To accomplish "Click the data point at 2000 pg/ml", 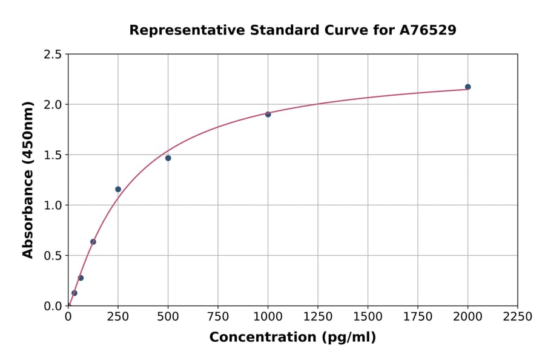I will coord(467,87).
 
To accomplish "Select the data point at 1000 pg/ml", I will coord(268,114).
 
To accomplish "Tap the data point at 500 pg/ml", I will coord(168,158).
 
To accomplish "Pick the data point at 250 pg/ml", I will coord(118,189).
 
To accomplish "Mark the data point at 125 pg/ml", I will coord(93,242).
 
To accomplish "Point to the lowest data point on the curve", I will coord(74,293).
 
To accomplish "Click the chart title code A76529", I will coord(428,30).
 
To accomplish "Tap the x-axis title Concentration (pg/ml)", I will coord(292,338).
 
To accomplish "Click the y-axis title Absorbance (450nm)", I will coord(28,180).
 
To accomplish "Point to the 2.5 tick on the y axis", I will coord(53,55).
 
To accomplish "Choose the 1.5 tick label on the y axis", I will coord(53,155).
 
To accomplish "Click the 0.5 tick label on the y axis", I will coord(53,256).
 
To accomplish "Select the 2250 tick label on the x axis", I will coord(518,317).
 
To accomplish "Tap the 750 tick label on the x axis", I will coord(218,317).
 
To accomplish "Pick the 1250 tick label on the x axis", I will coord(318,317).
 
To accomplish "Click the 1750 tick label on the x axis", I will coord(418,317).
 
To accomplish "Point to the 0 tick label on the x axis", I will coord(68,317).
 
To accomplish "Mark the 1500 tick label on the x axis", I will coord(368,317).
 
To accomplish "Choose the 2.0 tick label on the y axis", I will coord(53,105).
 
